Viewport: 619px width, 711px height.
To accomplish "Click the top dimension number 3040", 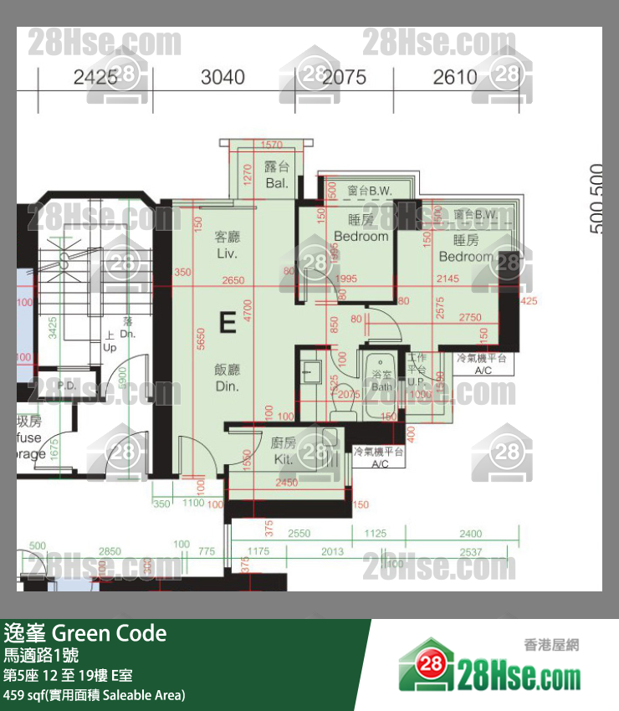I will point(223,77).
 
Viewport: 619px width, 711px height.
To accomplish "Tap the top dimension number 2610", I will point(455,77).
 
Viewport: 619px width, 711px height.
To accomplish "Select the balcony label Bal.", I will point(277,182).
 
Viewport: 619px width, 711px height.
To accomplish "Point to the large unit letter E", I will point(227,322).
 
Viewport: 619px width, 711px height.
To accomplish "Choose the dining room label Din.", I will point(228,386).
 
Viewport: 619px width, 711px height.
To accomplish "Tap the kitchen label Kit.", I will point(282,460).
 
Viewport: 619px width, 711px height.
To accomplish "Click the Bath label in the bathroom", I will point(381,386).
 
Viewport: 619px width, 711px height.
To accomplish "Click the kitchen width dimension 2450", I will point(286,483).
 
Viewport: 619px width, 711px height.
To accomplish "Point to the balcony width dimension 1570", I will point(272,146).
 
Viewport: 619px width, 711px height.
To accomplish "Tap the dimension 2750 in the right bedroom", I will point(470,318).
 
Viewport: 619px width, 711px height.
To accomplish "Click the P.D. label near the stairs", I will point(67,386).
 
